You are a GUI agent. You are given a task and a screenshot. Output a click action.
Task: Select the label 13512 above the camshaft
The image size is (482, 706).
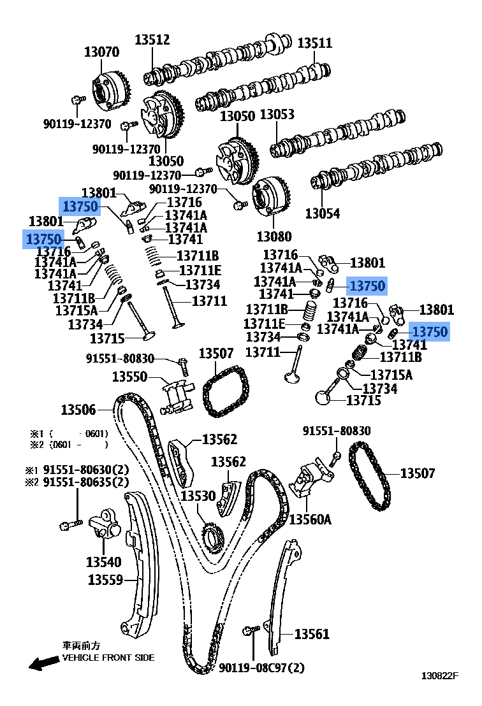coord(152,40)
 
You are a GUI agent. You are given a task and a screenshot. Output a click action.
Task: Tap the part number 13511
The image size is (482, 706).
coord(315,43)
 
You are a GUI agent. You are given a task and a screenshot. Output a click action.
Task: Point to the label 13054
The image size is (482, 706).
coord(323,213)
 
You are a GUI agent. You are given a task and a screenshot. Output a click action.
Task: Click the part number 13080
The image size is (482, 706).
coord(275,236)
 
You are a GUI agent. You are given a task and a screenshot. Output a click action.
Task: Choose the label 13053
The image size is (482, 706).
coord(277,115)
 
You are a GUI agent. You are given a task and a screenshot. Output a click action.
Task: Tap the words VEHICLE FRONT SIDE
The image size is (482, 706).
coord(108,658)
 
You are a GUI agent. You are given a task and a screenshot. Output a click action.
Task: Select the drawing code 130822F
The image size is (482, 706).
coord(439,693)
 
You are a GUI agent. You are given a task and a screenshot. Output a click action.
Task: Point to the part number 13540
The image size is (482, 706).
coord(103,562)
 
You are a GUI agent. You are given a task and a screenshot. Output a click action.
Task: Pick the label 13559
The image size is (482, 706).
coord(105,580)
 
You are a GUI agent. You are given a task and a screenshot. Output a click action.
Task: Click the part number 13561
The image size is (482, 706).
coord(312,634)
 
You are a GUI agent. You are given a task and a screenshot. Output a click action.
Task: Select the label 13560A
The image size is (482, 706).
coord(310,519)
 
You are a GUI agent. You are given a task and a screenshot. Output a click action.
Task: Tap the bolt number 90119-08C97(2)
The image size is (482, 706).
coord(261,668)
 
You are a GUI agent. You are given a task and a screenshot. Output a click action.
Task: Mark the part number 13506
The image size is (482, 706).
coord(78,410)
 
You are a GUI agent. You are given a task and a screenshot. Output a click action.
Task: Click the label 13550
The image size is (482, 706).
coord(130,377)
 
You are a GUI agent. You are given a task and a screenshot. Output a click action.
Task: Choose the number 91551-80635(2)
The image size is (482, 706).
coord(85,482)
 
